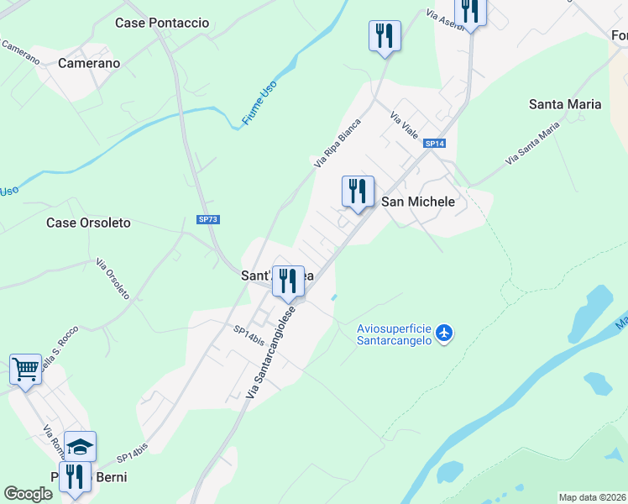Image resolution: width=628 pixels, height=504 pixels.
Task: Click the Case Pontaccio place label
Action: coord(162,23)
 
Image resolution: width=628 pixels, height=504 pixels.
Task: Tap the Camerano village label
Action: coord(89,63)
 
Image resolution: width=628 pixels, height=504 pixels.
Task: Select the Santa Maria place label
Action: coord(565,104)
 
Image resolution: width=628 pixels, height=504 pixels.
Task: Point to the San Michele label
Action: coord(418,202)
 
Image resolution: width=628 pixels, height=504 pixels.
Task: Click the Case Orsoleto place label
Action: coord(88,223)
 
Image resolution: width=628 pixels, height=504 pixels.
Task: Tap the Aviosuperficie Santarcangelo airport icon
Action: coord(444,333)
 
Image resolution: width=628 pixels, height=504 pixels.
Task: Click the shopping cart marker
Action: coord(25,368)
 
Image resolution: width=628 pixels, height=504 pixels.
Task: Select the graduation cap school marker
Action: coord(80,446)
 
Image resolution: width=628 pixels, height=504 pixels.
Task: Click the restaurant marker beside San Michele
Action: coord(358,192)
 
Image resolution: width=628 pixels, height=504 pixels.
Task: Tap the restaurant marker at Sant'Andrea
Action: coord(288,281)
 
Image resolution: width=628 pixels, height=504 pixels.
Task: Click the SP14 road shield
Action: coord(433,144)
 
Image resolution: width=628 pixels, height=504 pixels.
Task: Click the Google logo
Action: coord(29,494)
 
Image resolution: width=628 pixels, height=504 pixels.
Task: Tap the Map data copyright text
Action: coord(592,497)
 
